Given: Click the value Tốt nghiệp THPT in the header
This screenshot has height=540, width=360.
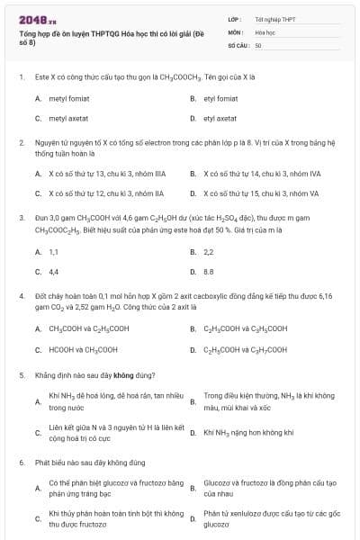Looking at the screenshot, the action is (274, 18).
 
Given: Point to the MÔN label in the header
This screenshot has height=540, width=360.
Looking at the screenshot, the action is (236, 31).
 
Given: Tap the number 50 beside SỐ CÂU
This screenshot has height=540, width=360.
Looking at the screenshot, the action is (258, 44).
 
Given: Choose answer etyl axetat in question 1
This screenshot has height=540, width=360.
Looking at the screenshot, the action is (220, 118).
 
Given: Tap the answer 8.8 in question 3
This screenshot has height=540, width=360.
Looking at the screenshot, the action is (209, 271).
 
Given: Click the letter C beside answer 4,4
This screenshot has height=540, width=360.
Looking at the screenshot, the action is (38, 271).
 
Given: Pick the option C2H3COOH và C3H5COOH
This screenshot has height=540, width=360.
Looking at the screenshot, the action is (246, 328).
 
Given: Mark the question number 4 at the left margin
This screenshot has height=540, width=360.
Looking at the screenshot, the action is (21, 295).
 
